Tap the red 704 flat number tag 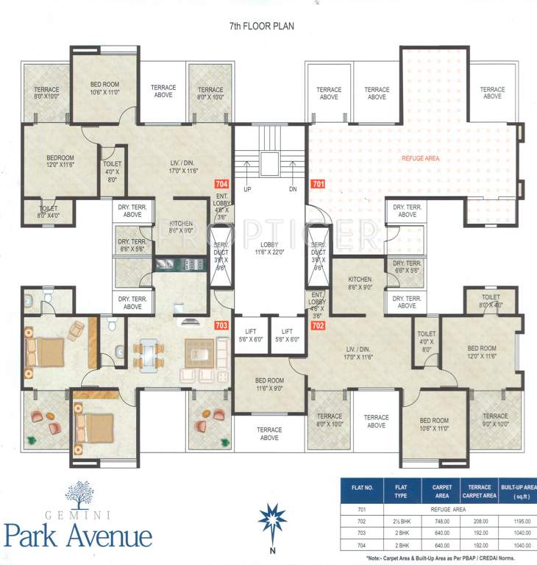pos(221,184)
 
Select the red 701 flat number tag pos(318,184)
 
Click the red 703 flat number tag pos(221,324)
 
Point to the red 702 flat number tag pos(318,324)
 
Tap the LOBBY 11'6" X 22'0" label pos(269,248)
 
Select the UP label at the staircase pos(247,190)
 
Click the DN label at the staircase pos(292,190)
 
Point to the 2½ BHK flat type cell pos(402,520)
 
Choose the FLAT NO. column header pos(363,487)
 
